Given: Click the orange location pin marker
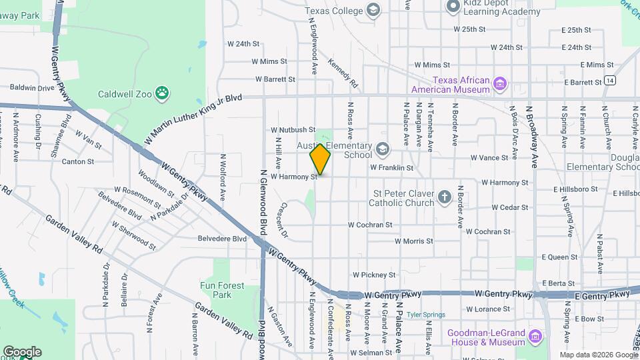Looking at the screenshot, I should click(x=320, y=159).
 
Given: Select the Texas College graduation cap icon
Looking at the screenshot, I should click(x=373, y=10).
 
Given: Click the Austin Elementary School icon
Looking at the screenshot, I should click(x=381, y=148).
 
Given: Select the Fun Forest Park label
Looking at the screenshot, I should click(x=222, y=289).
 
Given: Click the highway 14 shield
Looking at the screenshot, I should click(x=610, y=81).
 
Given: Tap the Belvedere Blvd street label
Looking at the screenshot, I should click(x=222, y=238).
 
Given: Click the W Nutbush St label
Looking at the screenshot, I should click(x=293, y=129).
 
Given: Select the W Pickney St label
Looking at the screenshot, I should click(x=374, y=275).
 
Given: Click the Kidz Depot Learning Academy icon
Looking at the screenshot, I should click(x=453, y=7).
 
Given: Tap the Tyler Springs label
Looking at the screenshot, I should click(x=425, y=314).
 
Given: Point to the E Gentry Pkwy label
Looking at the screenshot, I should click(x=601, y=295).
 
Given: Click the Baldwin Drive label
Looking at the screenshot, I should click(x=32, y=87).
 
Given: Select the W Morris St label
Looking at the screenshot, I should click(x=413, y=241).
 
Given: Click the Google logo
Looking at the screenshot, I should click(x=22, y=351).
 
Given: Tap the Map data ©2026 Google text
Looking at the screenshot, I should click(x=598, y=355).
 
